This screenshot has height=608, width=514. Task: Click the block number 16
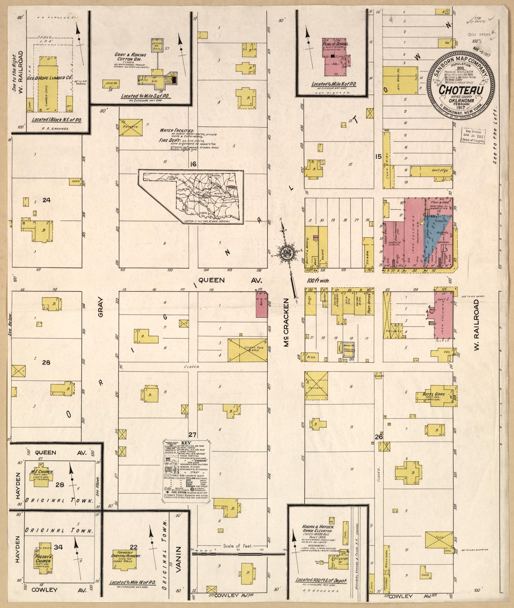click(193, 164)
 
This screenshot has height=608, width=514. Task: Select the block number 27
click(192, 435)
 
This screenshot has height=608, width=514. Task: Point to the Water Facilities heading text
click(177, 131)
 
